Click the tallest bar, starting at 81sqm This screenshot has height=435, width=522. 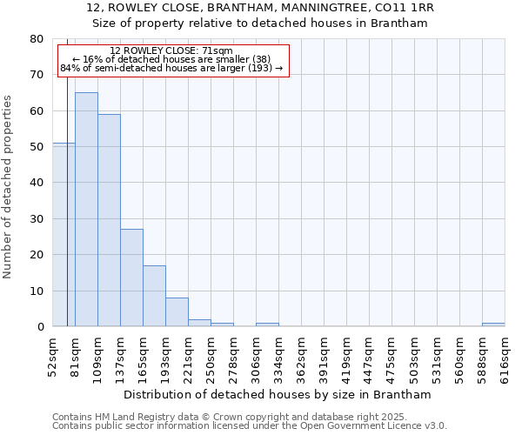click(x=86, y=209)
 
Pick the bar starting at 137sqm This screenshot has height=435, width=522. click(x=131, y=278)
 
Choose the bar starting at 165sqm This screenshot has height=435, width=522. click(x=154, y=296)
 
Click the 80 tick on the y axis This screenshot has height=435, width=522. click(x=38, y=39)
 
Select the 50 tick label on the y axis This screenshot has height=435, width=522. click(x=38, y=147)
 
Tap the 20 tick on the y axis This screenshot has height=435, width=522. click(x=38, y=255)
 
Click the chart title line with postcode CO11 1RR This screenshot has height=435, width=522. click(x=260, y=8)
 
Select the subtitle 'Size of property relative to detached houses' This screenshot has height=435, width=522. click(x=260, y=23)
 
